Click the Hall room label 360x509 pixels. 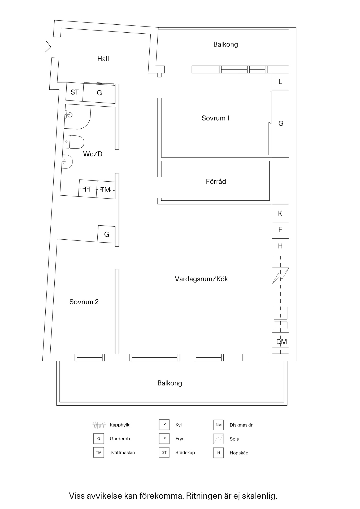point(103,59)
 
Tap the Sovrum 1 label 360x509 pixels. point(215,118)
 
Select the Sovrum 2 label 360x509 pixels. point(84,302)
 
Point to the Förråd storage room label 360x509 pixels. point(216,182)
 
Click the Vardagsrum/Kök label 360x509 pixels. point(201,279)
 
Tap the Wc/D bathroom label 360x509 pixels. point(93,154)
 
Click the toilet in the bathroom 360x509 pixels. point(73,142)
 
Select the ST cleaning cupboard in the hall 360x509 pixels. point(75,92)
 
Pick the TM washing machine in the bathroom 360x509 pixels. point(106,190)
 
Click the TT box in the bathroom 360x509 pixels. point(87,189)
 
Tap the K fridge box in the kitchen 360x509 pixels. point(280,213)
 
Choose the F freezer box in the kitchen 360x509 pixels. point(280,230)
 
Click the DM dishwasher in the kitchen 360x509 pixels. point(281,342)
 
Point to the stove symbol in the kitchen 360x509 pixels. point(280,276)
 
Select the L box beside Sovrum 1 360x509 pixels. point(280,82)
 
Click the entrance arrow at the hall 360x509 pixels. point(48,47)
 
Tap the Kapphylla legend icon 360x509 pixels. point(99,425)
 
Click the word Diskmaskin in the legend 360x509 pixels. point(241,425)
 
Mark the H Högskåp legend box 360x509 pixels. point(218,453)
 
